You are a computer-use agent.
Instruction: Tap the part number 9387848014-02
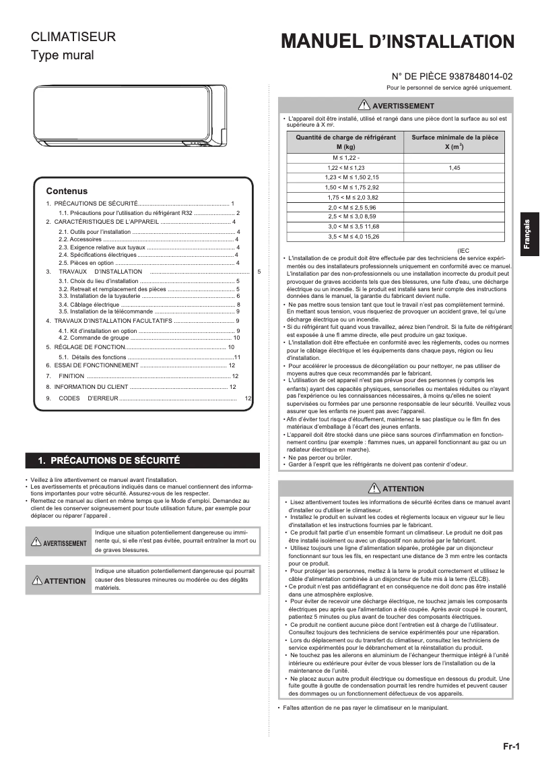(479, 77)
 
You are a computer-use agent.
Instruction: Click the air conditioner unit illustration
(130, 115)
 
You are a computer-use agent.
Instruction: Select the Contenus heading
(67, 191)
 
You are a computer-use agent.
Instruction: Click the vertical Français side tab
(529, 235)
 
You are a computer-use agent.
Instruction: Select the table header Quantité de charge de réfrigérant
(345, 141)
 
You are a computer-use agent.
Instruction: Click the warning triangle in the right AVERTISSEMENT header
(364, 104)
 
